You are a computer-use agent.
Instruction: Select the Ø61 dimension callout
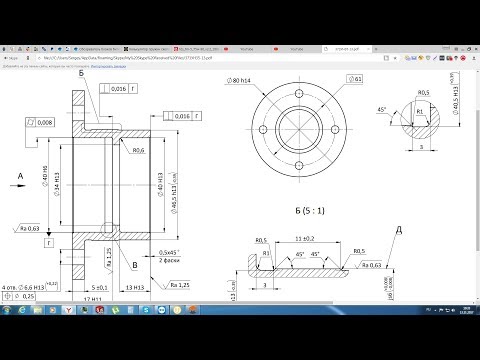point(357,78)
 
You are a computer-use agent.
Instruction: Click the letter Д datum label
point(400,231)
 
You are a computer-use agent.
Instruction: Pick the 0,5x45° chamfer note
point(171,250)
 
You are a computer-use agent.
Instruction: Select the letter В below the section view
point(136,265)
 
